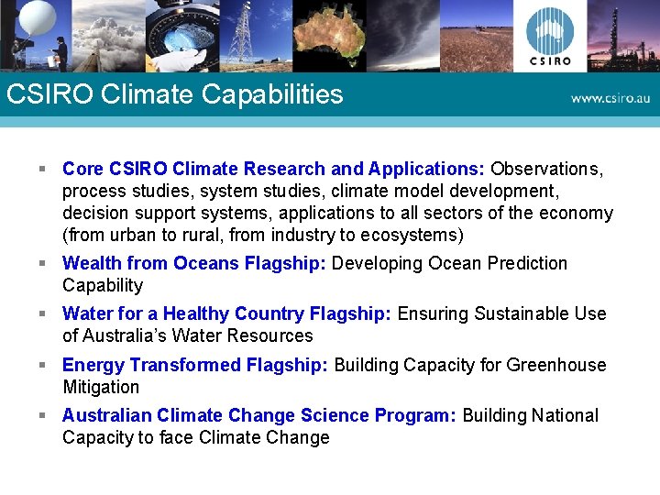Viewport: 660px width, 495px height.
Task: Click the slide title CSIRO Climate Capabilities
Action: [174, 94]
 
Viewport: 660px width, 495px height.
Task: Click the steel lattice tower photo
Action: [241, 34]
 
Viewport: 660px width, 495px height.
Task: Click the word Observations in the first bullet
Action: [546, 169]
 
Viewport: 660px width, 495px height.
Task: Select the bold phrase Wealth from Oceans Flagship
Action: [193, 264]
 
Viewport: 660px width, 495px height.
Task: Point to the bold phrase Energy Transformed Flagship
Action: [194, 366]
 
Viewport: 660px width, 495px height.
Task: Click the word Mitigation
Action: [101, 388]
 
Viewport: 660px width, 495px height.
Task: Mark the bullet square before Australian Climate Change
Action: [42, 416]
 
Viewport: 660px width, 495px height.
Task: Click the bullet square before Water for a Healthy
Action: [42, 314]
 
